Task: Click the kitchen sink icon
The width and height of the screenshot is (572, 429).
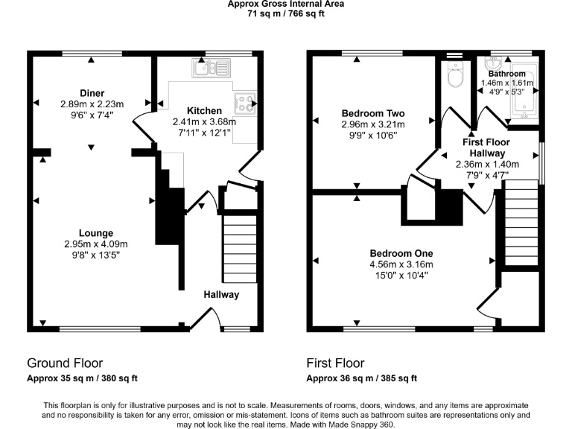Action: click(212, 68)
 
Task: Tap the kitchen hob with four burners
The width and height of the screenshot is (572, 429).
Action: click(245, 103)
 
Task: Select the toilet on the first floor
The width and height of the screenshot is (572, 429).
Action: click(455, 74)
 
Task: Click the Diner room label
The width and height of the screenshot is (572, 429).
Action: click(92, 93)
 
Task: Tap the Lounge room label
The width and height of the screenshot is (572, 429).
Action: click(96, 233)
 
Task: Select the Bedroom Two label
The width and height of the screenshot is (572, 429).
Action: click(373, 113)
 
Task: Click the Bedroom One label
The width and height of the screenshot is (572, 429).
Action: click(401, 253)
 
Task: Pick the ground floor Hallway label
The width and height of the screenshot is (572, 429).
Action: click(221, 295)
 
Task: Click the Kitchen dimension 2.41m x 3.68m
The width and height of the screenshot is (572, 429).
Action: click(204, 121)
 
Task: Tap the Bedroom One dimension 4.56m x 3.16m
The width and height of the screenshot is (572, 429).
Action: click(401, 264)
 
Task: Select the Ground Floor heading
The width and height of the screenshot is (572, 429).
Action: click(65, 363)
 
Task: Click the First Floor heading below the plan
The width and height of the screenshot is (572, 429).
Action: click(335, 363)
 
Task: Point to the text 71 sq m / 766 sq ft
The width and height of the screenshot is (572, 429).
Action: click(286, 14)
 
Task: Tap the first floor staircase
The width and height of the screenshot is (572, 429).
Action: click(521, 223)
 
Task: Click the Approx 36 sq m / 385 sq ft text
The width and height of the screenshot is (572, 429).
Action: click(361, 378)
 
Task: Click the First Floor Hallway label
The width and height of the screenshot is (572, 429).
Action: click(486, 147)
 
